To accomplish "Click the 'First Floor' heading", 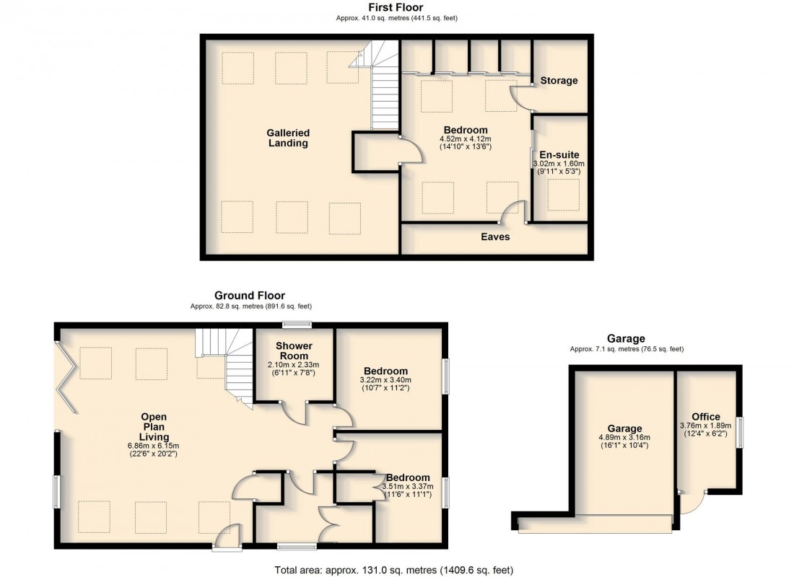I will (396, 7).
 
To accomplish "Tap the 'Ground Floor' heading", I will (250, 295).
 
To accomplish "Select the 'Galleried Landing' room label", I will (287, 138).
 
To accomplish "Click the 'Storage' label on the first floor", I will (559, 81).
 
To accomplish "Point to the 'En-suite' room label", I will (559, 154).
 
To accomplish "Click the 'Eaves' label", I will (496, 237).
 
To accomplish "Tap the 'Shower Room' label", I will (294, 351).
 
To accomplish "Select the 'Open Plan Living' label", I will (154, 427).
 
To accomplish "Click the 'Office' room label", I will (705, 417).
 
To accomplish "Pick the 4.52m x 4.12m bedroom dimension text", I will (465, 139).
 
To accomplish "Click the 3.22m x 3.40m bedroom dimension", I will (385, 380).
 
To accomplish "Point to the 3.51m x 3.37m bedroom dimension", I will (408, 487).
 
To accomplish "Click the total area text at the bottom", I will (393, 570).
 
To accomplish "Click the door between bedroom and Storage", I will (520, 98).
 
